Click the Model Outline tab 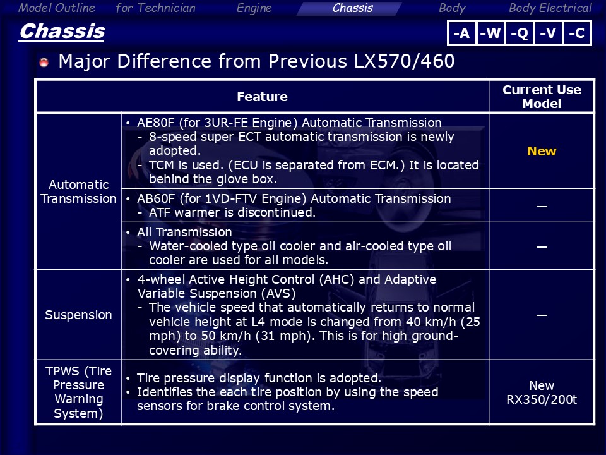tap(56, 8)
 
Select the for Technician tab tap(155, 8)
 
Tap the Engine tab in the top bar tap(254, 8)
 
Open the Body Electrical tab tap(550, 8)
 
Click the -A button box tap(461, 33)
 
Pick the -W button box tap(490, 33)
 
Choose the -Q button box tap(520, 33)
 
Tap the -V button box tap(548, 33)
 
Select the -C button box tap(577, 33)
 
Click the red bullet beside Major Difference tap(44, 62)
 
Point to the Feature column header tap(262, 97)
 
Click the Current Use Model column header tap(542, 97)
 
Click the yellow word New tap(542, 151)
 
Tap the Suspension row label tap(78, 315)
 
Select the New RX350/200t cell tap(542, 392)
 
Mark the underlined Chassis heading tap(62, 32)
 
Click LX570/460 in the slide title tap(404, 61)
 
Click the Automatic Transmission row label tap(78, 191)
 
